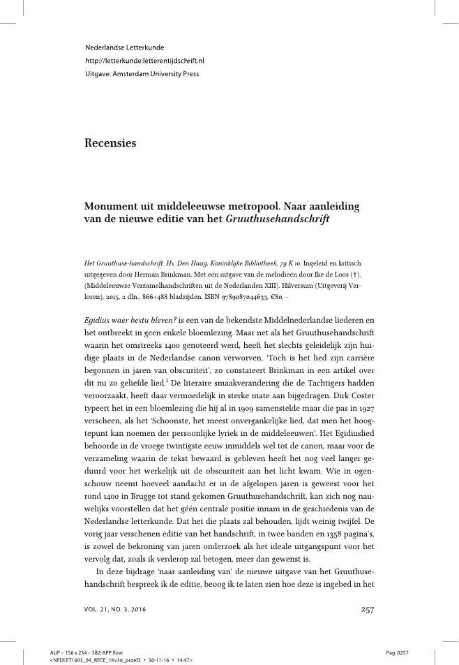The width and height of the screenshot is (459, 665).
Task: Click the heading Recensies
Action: pos(110,143)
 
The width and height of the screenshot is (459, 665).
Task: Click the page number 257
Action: pos(368,609)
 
